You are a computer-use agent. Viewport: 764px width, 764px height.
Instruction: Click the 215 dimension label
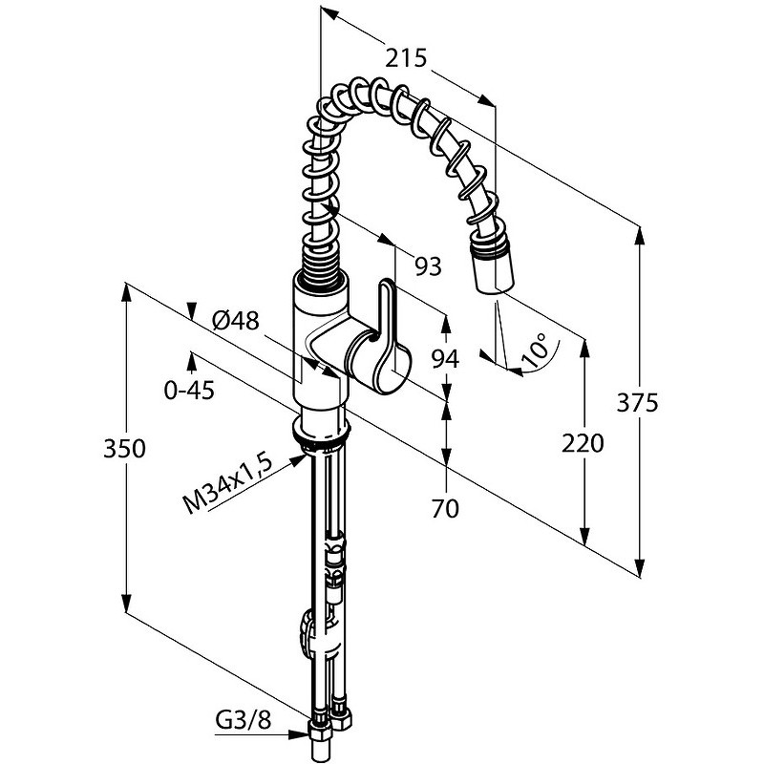point(406,58)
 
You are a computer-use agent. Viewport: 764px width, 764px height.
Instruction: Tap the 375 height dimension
point(637,403)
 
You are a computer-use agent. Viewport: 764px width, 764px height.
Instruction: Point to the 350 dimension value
point(124,449)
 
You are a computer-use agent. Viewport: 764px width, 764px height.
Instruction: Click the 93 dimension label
point(428,266)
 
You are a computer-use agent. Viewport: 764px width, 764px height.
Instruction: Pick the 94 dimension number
point(446,360)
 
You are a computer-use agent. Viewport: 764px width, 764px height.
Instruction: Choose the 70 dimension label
point(445,509)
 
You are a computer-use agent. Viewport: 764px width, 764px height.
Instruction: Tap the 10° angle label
point(535,350)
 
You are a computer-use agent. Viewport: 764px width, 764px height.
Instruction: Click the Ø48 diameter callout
point(236,321)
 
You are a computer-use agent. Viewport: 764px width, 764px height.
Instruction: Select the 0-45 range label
point(189,391)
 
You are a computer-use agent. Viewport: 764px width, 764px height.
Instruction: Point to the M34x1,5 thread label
point(227,484)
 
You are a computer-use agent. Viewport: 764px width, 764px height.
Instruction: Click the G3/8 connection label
point(244,721)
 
